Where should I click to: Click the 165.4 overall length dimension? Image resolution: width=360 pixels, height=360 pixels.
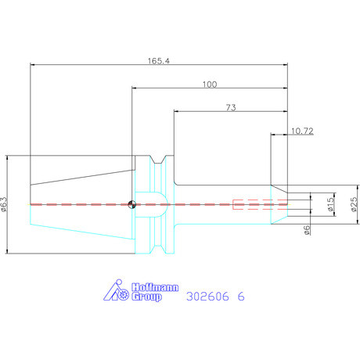[x=159, y=61]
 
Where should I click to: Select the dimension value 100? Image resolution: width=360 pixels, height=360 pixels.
[x=210, y=85]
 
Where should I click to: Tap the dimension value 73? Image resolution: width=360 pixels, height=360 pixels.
[x=231, y=107]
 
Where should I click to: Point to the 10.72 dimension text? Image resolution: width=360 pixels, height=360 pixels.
[x=302, y=131]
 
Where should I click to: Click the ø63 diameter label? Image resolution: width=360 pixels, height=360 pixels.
[x=5, y=204]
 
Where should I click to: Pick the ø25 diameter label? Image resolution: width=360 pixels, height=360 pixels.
[x=354, y=204]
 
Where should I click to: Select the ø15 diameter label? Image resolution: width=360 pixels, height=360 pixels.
[x=330, y=204]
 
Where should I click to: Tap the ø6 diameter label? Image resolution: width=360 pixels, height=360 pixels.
[x=307, y=230]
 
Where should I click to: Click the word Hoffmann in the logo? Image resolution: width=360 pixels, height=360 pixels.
[x=155, y=287]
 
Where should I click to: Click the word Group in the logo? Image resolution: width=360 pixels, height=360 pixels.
[x=146, y=297]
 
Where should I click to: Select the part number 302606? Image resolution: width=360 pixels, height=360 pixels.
[x=207, y=297]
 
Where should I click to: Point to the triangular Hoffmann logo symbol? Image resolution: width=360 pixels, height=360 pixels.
[x=116, y=290]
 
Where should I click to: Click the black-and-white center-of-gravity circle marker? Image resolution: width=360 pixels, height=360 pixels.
[x=132, y=204]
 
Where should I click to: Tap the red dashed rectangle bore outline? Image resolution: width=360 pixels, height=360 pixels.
[x=260, y=204]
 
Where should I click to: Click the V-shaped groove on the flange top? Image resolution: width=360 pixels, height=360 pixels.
[x=158, y=160]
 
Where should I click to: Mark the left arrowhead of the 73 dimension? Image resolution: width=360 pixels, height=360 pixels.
[x=177, y=111]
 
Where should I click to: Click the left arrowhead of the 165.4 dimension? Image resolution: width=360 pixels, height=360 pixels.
[x=33, y=64]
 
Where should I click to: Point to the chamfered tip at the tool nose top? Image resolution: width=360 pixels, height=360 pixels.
[x=279, y=189]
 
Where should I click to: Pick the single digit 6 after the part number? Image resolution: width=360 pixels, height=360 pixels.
[x=241, y=297]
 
